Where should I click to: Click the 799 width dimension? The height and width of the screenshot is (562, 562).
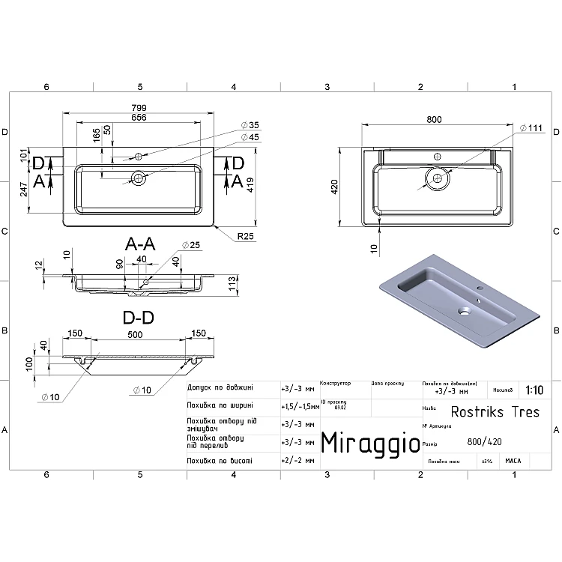[139, 107]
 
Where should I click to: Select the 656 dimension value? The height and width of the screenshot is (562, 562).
[139, 117]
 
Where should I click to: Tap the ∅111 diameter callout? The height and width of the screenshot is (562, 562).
[532, 129]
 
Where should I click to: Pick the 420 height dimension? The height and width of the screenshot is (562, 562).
[347, 186]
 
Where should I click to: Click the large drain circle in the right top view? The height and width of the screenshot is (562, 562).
[436, 178]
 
